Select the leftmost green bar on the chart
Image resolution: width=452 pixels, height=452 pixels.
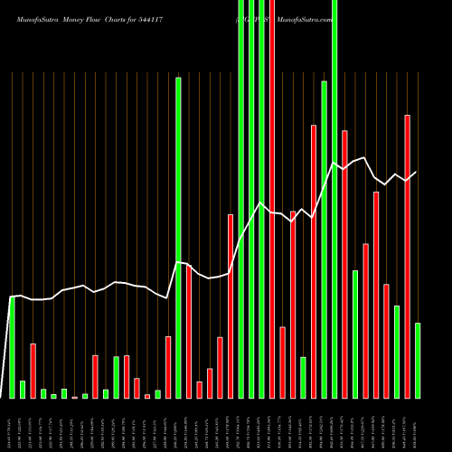(13, 347)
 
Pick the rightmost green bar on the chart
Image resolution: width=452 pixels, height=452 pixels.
(418, 360)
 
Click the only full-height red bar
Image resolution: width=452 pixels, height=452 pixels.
(272, 199)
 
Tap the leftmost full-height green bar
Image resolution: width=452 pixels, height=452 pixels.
(241, 199)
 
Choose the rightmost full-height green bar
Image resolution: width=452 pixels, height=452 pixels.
(334, 199)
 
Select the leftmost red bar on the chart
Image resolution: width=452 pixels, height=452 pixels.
(33, 371)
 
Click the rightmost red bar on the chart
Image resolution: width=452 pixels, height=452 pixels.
(407, 257)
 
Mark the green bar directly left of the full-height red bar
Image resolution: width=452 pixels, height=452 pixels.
(262, 199)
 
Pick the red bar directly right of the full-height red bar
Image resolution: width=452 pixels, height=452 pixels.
(283, 362)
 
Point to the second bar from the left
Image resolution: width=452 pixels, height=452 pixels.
(23, 389)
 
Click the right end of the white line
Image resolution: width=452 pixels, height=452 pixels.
(417, 172)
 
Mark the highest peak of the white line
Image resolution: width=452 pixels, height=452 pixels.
(365, 158)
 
